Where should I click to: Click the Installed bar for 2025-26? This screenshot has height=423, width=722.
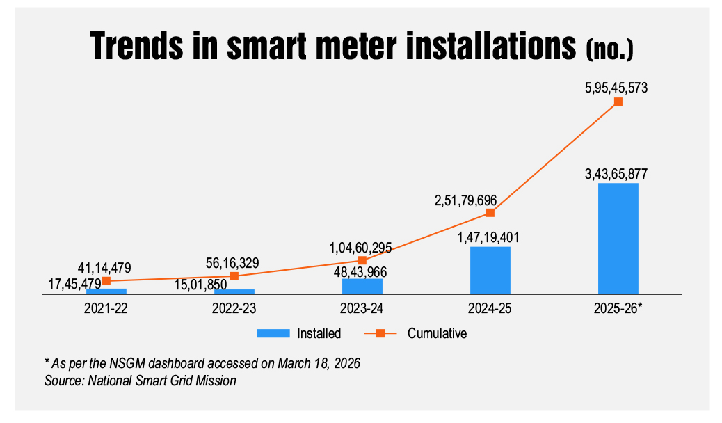pos(618,239)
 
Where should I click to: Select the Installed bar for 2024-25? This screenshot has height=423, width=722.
pos(490,271)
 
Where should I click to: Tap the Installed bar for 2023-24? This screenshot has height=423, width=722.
pos(362,286)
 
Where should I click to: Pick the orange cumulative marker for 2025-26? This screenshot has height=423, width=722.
pos(618,102)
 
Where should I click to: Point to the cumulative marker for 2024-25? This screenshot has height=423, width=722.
pos(490,212)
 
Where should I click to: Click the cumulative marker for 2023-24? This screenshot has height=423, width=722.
pos(362,260)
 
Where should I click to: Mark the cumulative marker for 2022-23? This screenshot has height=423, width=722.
pos(234,276)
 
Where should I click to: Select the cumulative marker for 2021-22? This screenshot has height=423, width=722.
pos(106,281)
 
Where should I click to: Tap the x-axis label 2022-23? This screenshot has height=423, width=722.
pos(234,307)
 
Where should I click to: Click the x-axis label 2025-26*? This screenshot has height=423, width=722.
pos(618,307)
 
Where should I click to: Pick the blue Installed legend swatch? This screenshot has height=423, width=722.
pos(273,333)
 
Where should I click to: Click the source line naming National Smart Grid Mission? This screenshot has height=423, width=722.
pos(140,381)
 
